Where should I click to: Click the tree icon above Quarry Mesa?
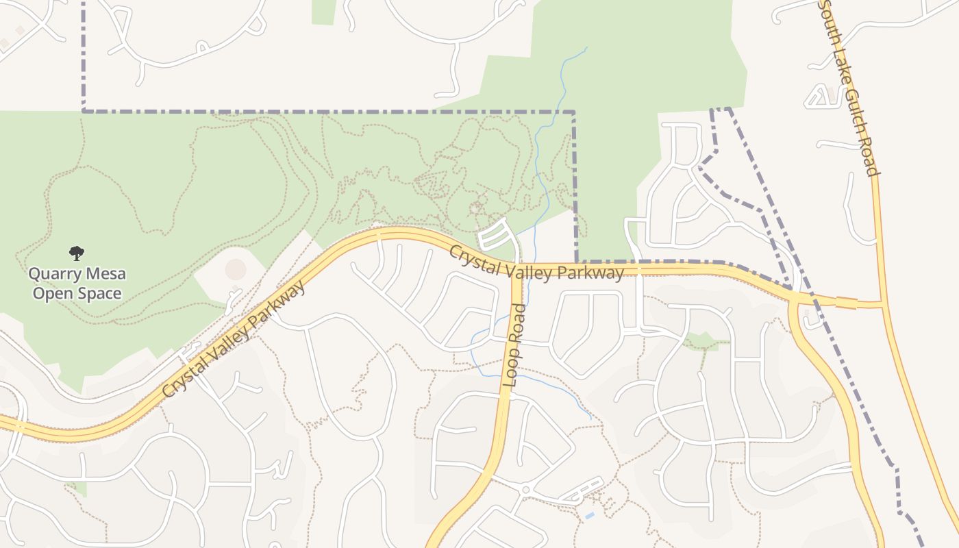click(77, 253)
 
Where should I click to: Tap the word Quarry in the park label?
click(51, 275)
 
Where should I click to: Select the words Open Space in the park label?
click(77, 294)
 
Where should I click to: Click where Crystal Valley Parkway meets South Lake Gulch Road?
click(882, 303)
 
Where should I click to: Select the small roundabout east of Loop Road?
click(525, 490)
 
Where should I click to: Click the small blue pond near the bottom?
click(589, 514)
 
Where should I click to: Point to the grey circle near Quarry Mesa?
click(235, 269)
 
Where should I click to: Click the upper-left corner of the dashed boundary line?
click(84, 110)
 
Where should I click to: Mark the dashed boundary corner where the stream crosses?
click(574, 111)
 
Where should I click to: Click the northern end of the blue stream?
click(586, 47)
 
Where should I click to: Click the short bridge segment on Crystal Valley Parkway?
click(845, 302)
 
